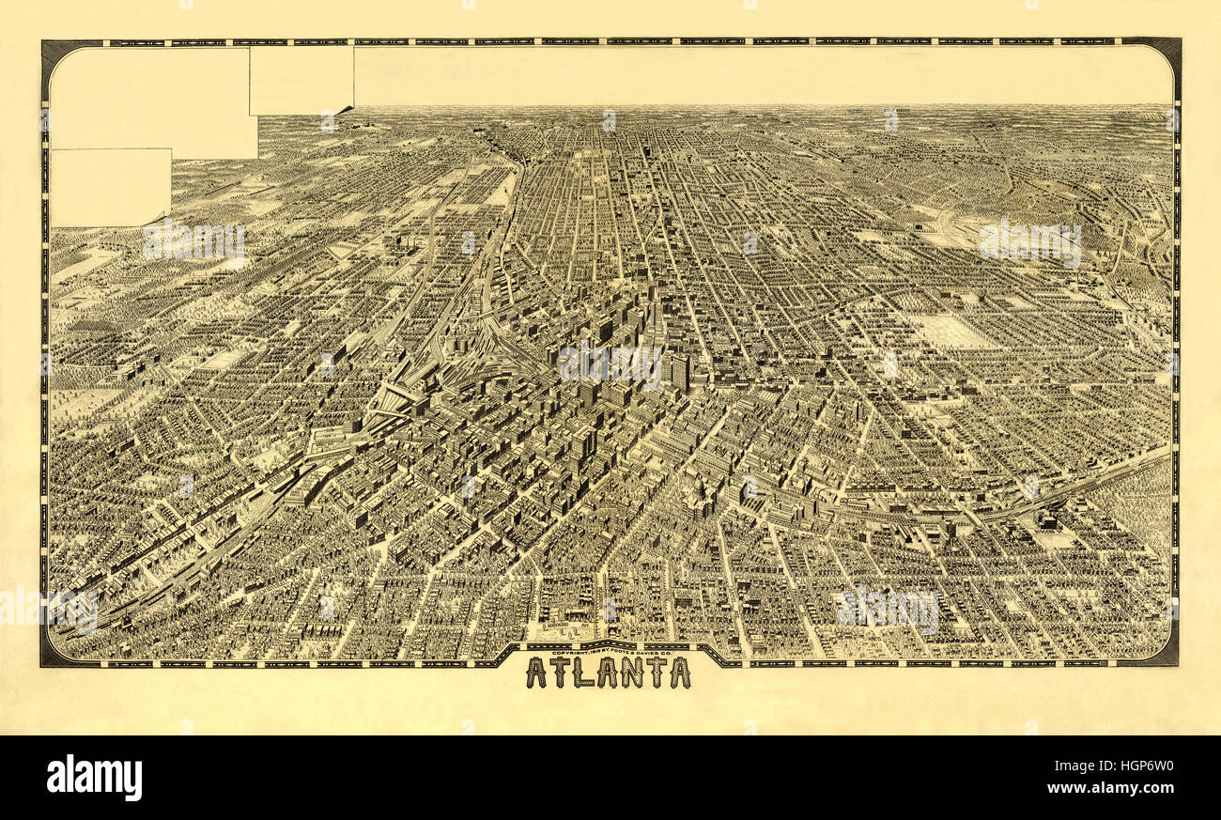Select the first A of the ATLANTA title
[x=536, y=673]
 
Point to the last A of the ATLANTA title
[x=679, y=673]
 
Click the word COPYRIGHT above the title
[x=570, y=653]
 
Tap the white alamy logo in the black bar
[x=94, y=778]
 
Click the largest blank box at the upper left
[x=150, y=99]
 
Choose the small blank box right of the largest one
[x=301, y=80]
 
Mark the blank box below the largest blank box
[x=110, y=187]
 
